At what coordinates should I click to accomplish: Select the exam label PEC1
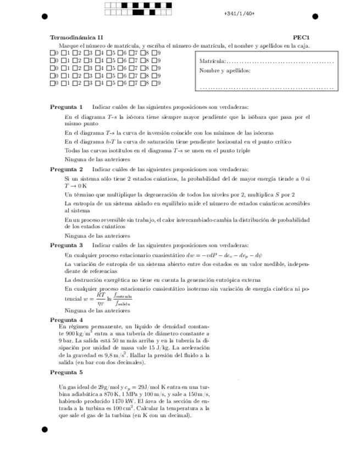[301, 37]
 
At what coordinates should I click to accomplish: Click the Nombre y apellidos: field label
[225, 70]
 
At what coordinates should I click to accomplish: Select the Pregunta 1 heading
[67, 107]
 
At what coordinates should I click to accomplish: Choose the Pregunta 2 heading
[67, 169]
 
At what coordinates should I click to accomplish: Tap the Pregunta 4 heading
[67, 319]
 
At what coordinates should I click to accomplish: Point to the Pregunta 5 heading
[67, 372]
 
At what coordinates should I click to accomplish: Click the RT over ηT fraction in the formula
[101, 298]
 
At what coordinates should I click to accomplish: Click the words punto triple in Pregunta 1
[234, 150]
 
